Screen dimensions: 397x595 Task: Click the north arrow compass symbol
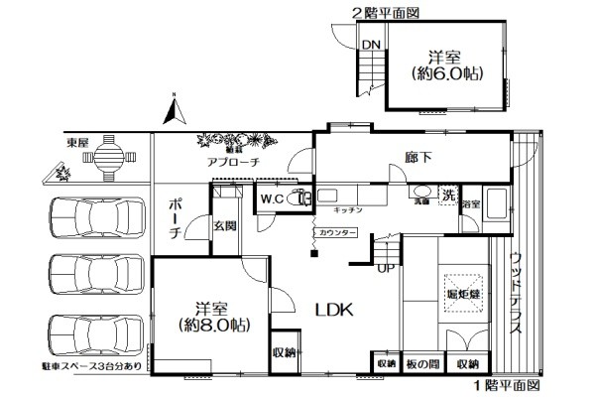coord(176,108)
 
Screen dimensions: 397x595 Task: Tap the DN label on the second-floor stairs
coord(370,44)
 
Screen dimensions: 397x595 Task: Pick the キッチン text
coord(346,210)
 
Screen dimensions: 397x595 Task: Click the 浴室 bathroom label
coord(470,203)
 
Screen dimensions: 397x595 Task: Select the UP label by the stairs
coord(386,267)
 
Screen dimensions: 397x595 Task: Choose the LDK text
coord(334,309)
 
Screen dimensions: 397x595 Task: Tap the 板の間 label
coord(422,364)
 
